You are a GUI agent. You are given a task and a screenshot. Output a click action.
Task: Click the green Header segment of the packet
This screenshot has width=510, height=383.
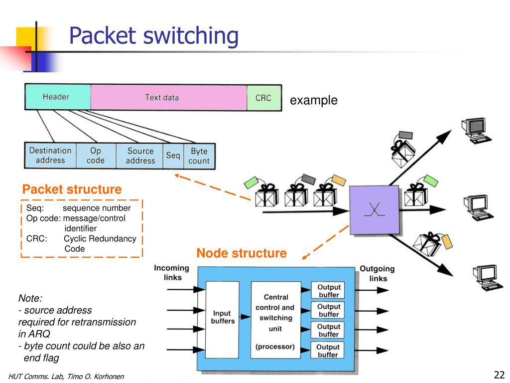(x=58, y=97)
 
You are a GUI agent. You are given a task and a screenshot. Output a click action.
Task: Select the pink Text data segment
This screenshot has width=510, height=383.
(x=168, y=97)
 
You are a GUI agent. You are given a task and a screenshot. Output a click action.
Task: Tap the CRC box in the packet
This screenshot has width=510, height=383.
(x=264, y=98)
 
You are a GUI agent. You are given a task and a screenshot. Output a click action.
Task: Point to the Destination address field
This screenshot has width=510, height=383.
(x=50, y=156)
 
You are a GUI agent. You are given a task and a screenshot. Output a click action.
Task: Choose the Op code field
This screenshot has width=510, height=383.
(x=96, y=156)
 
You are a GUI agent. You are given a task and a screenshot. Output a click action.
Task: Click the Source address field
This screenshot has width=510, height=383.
(x=139, y=156)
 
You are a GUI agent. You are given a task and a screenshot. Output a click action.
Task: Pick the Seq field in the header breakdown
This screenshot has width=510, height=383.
(x=173, y=156)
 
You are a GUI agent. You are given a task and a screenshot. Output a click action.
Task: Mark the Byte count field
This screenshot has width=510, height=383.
(x=199, y=156)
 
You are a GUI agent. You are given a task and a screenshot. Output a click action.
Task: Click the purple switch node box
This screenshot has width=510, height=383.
(x=375, y=210)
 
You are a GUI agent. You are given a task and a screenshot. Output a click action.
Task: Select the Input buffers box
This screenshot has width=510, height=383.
(x=223, y=320)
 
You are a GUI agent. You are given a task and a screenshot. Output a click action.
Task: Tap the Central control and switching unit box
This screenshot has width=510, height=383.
(x=276, y=320)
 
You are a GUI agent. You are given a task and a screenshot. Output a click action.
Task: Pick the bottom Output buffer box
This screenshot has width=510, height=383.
(x=328, y=350)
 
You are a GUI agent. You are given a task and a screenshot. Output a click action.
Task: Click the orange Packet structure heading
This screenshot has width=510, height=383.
(x=72, y=189)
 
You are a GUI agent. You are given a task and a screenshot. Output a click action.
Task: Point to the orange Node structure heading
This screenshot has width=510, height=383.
(x=242, y=253)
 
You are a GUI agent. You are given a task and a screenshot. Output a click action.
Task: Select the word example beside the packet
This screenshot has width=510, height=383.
(x=314, y=100)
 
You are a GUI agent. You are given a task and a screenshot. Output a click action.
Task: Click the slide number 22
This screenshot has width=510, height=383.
(x=499, y=375)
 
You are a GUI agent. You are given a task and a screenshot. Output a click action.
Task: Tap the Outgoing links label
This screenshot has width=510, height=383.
(x=378, y=274)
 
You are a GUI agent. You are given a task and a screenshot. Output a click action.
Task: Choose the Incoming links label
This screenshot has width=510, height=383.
(x=172, y=273)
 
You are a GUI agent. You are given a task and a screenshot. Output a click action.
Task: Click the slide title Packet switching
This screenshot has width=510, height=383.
(x=154, y=35)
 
